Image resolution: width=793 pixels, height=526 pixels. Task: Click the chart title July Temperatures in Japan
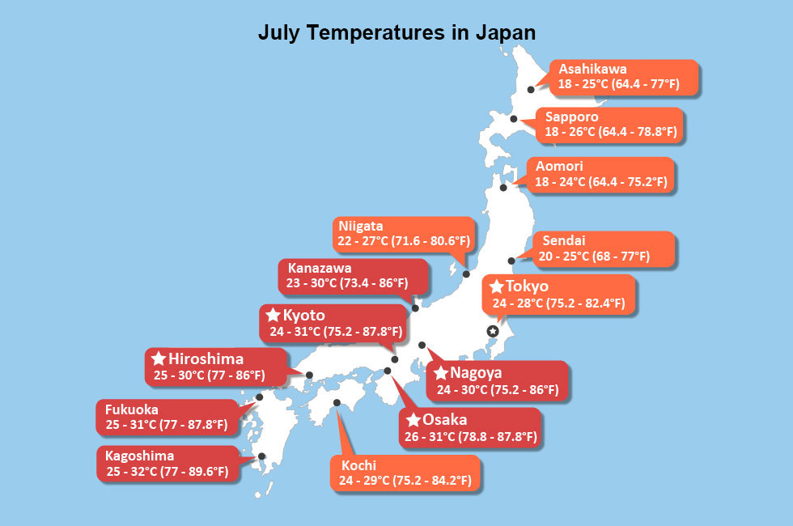pos(396,32)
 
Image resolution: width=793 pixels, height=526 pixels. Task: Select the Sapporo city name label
pos(571,117)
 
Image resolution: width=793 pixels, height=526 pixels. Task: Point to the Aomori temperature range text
pos(601,182)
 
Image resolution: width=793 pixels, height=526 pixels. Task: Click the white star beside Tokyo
pos(496,286)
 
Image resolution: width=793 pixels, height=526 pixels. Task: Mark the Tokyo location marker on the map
pos(492,331)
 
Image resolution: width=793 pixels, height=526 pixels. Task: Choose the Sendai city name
pos(563,240)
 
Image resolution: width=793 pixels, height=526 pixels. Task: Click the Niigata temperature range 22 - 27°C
pos(401,241)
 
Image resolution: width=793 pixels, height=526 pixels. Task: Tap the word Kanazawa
pos(320,268)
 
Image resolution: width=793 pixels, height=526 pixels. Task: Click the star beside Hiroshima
pos(158,358)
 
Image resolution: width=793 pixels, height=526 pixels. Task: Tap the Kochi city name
pos(358,466)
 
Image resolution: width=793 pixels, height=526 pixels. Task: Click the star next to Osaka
pos(412,420)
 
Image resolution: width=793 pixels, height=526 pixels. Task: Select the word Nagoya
pos(477,374)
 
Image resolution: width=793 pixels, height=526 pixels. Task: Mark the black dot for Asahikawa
pos(532,90)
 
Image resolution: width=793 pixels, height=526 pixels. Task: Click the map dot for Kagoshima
pos(261,456)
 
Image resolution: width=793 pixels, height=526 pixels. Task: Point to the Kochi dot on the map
pos(337,402)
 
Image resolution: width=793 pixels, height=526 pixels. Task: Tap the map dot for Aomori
pos(503,188)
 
